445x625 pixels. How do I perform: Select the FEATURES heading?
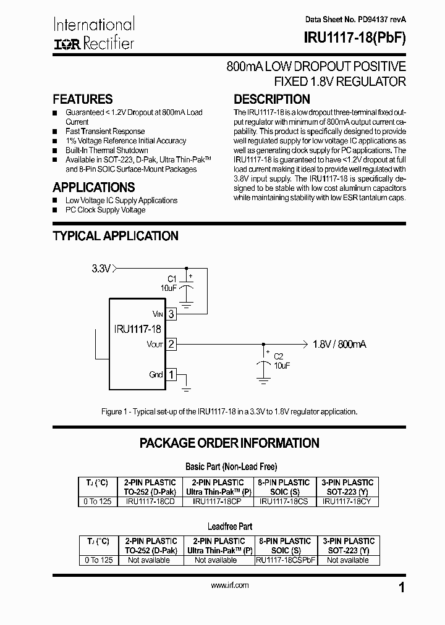(x=83, y=99)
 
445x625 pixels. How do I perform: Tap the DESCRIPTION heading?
(x=271, y=99)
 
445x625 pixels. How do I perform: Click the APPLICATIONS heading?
(x=93, y=188)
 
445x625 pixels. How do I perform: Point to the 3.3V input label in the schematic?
(x=101, y=269)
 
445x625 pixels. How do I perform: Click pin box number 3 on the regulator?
(x=171, y=314)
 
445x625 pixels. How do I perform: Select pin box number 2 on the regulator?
(x=171, y=344)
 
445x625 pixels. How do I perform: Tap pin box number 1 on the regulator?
(x=171, y=374)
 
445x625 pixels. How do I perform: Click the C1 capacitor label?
(x=172, y=279)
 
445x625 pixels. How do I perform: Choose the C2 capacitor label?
(x=278, y=356)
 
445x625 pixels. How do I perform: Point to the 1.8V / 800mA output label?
(x=339, y=344)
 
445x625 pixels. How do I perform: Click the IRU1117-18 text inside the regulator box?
(x=138, y=329)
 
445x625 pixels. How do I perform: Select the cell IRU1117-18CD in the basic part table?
(x=150, y=501)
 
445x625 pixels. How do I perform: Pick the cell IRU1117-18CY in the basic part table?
(x=347, y=501)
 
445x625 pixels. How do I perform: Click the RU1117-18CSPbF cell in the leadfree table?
(x=286, y=560)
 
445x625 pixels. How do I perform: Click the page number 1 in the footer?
(x=402, y=588)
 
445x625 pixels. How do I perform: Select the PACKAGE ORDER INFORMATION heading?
(x=229, y=443)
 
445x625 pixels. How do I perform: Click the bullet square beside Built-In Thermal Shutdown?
(x=55, y=151)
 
